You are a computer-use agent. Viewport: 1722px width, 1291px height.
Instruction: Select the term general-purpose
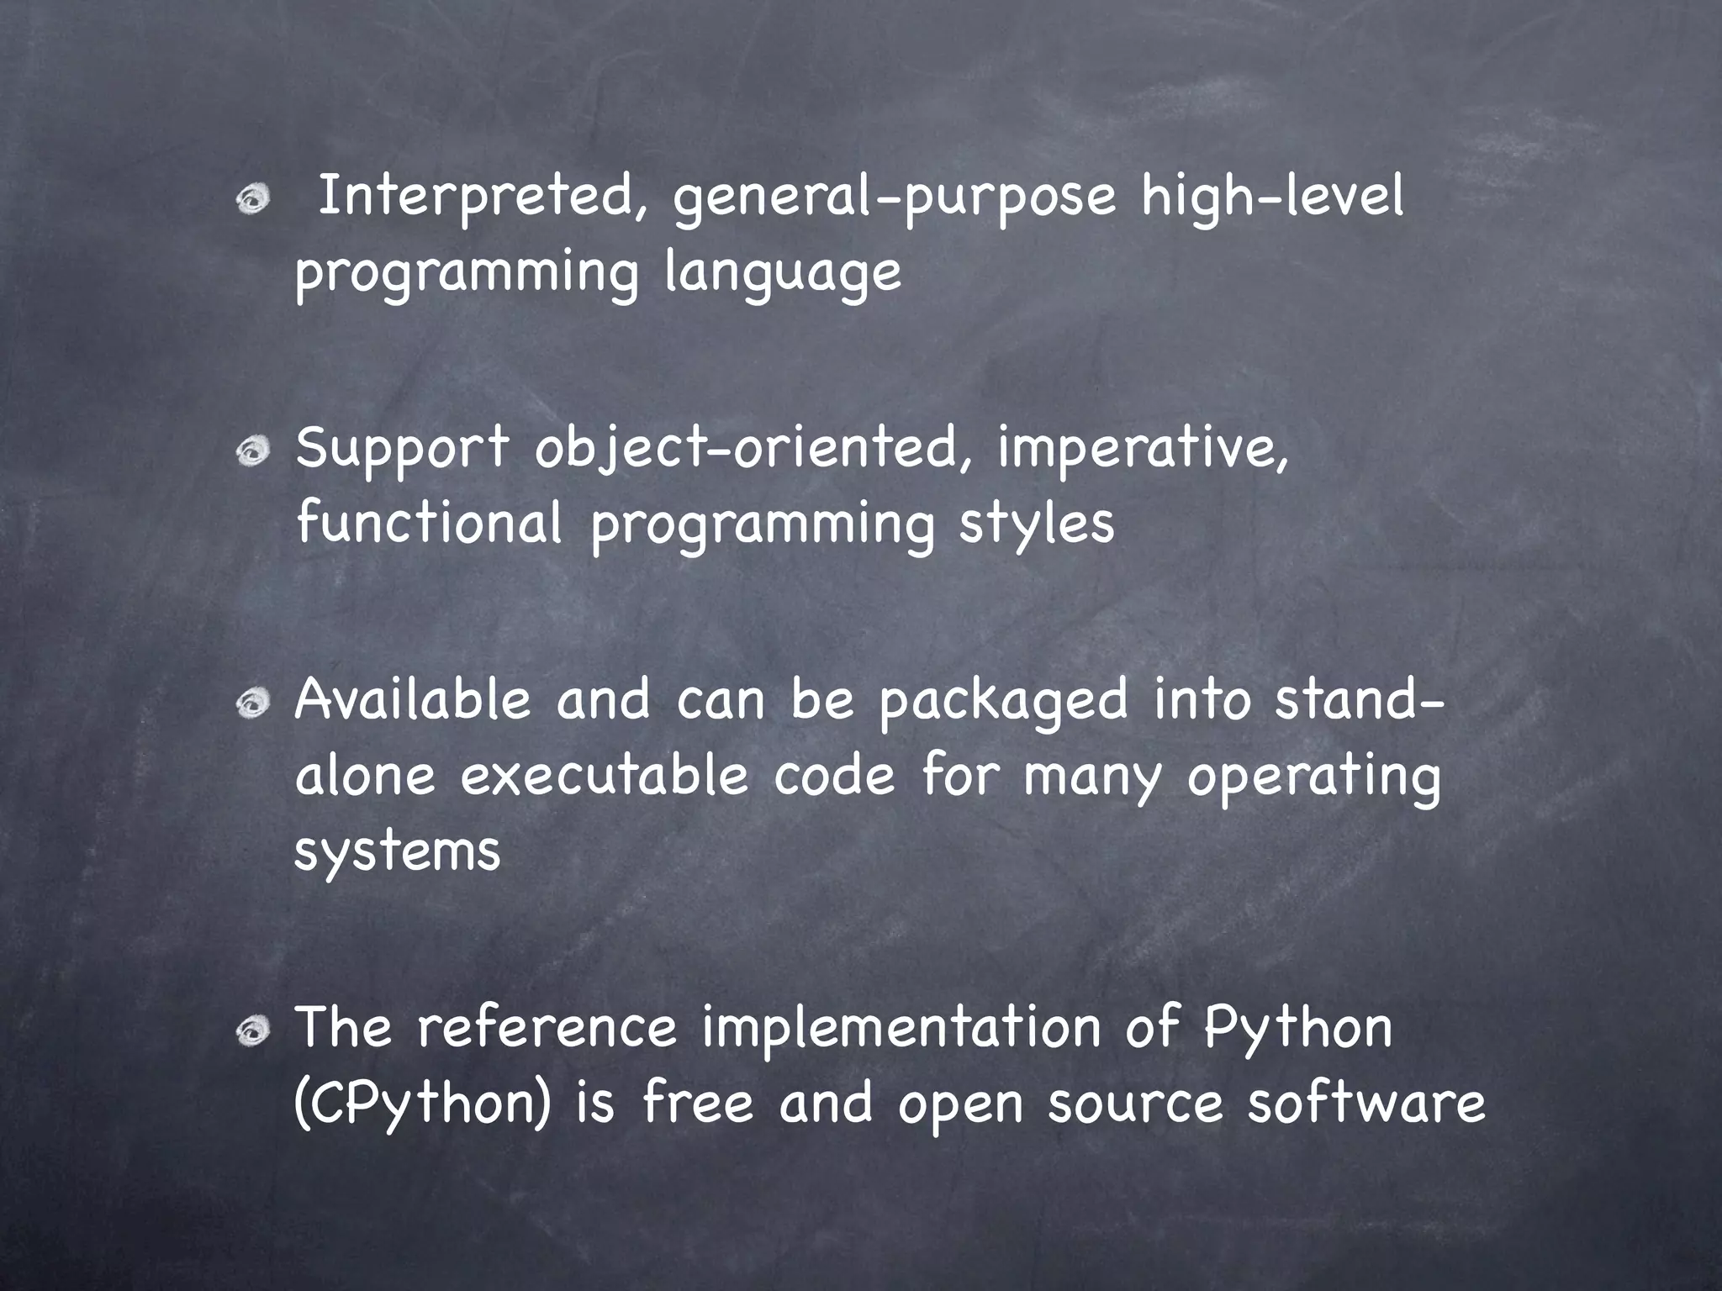coord(894,198)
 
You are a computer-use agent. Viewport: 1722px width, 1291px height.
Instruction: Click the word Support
coord(402,449)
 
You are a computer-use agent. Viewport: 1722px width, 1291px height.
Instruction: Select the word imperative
coord(1142,449)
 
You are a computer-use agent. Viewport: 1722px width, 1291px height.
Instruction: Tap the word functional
coord(429,523)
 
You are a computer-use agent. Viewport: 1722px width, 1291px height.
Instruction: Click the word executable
coord(604,775)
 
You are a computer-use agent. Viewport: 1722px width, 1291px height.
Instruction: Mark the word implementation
coord(901,1027)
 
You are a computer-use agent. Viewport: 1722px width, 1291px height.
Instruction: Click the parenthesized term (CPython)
coord(423,1103)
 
